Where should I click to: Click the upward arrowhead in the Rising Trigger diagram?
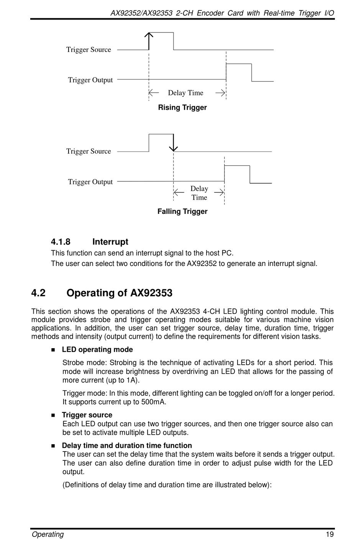[149, 35]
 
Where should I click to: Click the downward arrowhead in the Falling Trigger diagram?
[174, 148]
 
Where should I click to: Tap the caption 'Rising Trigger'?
[182, 108]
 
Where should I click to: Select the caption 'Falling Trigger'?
[182, 212]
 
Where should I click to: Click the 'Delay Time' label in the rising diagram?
[185, 93]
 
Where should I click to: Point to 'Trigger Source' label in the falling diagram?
[89, 151]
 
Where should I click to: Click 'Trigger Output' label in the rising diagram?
[90, 80]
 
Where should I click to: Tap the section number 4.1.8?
[61, 242]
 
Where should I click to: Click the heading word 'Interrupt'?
[110, 242]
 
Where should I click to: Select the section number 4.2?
[38, 293]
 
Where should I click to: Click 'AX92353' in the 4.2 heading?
[151, 293]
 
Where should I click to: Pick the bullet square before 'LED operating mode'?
[53, 350]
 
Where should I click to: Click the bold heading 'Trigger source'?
[87, 415]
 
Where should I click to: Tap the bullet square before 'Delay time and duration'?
[53, 446]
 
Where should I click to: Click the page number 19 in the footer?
[330, 535]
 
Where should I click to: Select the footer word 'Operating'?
[48, 535]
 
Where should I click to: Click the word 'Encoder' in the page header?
[210, 13]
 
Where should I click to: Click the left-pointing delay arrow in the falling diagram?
[179, 192]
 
